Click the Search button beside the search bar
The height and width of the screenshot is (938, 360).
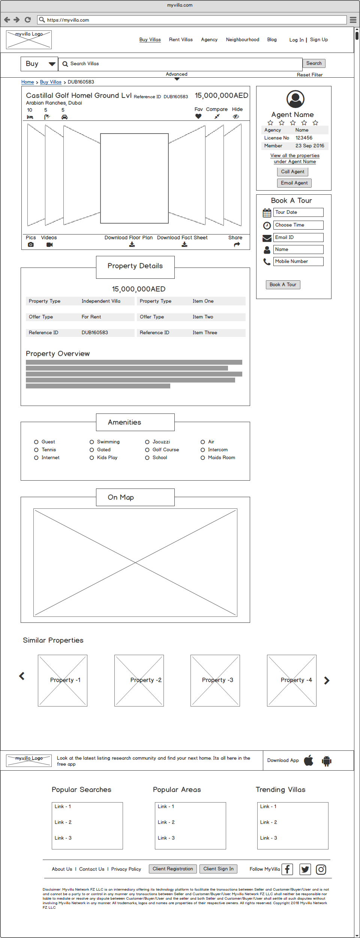[314, 63]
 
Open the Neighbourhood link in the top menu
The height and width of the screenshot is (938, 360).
[242, 40]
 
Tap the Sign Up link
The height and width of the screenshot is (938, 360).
[319, 40]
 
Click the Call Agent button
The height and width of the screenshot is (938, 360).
[292, 172]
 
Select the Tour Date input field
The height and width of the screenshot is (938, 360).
[298, 212]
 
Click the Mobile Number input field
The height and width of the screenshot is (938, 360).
[298, 262]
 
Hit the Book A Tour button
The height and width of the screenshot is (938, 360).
[283, 285]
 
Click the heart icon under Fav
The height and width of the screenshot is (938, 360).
[198, 116]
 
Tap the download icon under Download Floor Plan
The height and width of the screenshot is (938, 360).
[132, 245]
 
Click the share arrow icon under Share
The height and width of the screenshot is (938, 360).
[237, 245]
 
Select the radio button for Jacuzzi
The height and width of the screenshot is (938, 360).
[147, 442]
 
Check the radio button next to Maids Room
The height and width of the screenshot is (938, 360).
[203, 458]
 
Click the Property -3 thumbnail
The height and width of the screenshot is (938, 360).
[215, 681]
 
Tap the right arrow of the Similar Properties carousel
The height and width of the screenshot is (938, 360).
[327, 681]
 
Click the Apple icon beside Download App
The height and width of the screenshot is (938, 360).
[309, 761]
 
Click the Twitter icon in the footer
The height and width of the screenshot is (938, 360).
[305, 869]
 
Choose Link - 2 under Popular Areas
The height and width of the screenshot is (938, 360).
[166, 822]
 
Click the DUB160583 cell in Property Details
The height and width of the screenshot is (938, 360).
[95, 333]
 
